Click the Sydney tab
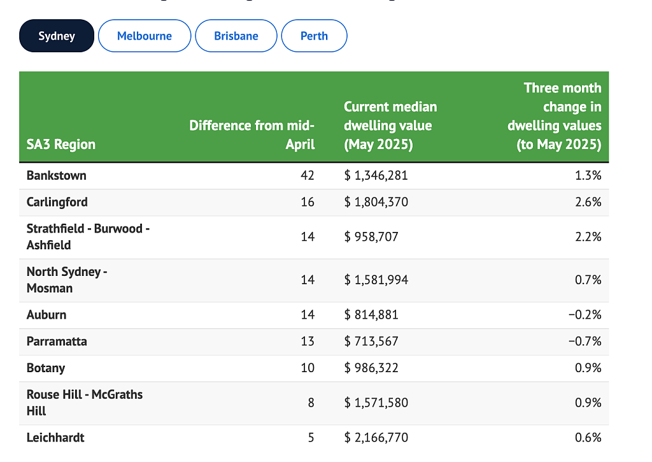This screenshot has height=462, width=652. point(57,36)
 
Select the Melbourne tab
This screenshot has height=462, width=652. point(145,36)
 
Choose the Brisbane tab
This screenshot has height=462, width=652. point(236,36)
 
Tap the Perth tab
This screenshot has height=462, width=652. point(314,36)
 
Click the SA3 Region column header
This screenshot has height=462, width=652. point(61,145)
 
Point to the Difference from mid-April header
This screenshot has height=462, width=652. point(252,135)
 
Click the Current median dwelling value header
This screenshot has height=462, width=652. point(390,126)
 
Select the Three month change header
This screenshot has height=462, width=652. point(555,116)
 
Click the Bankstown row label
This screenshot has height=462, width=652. point(57,176)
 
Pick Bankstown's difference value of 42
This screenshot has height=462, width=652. point(308,176)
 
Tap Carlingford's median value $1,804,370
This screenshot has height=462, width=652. point(376,202)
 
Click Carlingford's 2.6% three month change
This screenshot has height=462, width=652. point(588,202)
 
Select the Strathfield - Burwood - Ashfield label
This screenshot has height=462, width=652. point(88,237)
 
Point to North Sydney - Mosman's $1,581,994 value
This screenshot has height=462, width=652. point(376,280)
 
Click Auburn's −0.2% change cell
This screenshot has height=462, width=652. point(585,315)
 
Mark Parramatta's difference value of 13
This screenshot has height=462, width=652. point(308,342)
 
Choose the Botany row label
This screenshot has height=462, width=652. point(46,368)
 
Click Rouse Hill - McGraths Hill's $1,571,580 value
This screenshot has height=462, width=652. point(376,403)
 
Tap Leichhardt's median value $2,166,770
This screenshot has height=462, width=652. point(376,438)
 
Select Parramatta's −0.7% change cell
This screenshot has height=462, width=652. point(585,342)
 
